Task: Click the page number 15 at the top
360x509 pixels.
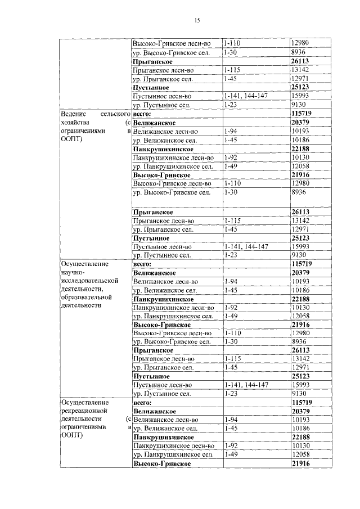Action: (x=197, y=21)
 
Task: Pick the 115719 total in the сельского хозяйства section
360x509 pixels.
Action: (x=302, y=114)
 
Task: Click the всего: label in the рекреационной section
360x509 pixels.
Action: (x=143, y=402)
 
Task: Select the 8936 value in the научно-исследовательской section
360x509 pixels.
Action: (x=298, y=341)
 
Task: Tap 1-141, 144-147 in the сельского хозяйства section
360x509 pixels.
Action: (x=245, y=246)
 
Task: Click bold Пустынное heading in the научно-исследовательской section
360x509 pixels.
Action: (x=151, y=376)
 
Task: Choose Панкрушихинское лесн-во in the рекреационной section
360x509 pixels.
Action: (x=173, y=445)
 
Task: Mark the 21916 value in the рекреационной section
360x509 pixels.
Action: (x=301, y=463)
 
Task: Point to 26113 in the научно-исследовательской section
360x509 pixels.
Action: (x=301, y=350)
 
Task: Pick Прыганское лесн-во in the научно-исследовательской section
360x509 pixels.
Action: (x=163, y=358)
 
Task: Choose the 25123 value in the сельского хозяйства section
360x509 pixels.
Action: (x=301, y=237)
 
